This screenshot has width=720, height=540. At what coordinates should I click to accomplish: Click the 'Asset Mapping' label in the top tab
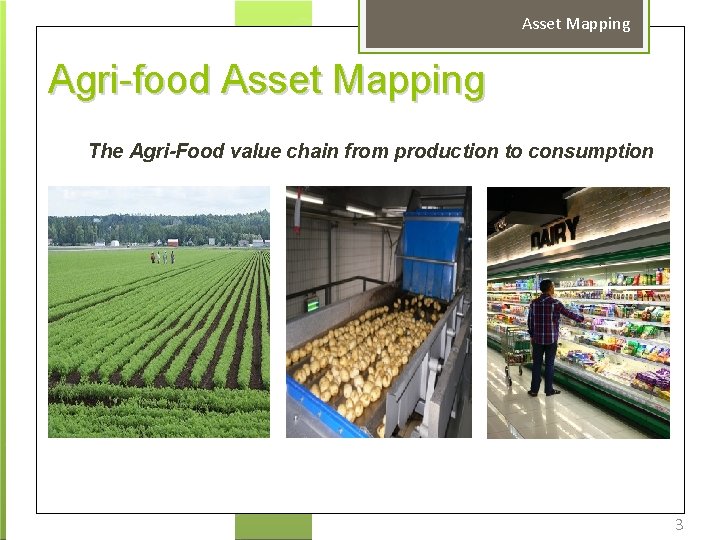point(576,24)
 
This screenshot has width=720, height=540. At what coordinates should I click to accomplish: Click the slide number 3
point(679,525)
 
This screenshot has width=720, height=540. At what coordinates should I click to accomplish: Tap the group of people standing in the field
point(163,257)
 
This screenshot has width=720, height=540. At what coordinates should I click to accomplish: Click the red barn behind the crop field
point(173,242)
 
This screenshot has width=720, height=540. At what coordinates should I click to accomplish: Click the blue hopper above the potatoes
point(431,250)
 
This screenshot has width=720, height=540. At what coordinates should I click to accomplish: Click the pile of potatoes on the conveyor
point(370,360)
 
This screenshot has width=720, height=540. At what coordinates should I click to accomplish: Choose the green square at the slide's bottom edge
point(273,526)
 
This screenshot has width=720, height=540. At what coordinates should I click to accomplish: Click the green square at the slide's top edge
point(273,13)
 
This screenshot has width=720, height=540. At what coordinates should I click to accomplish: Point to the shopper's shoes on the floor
point(543,391)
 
